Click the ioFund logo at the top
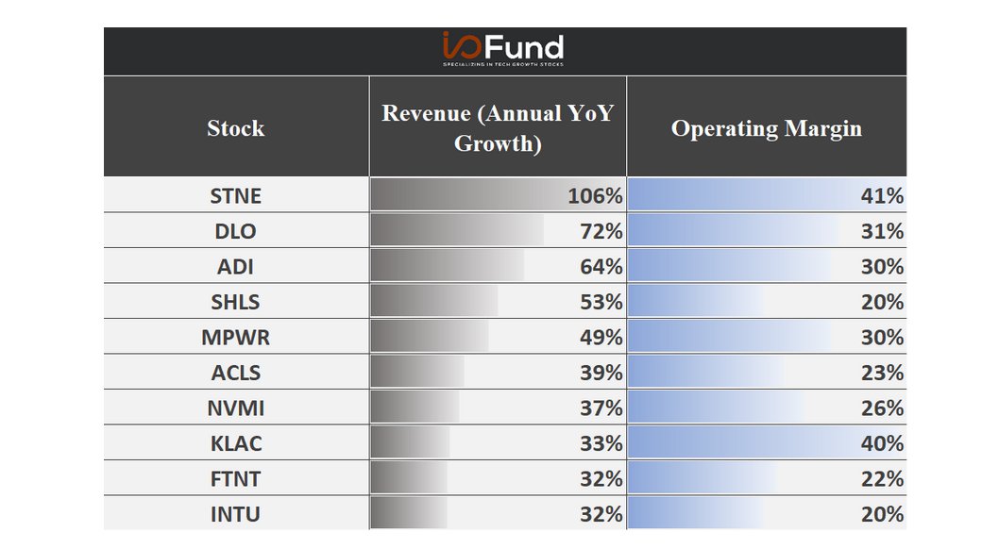coord(503,48)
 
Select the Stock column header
coord(236,128)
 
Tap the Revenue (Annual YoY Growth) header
coord(498,128)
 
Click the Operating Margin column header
coord(766,128)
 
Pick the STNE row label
coord(236,196)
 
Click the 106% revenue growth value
coord(595,196)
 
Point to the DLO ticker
coord(236,231)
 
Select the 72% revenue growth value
coord(601,231)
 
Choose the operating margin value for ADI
coord(882,267)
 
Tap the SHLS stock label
coord(236,302)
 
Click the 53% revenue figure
coord(601,302)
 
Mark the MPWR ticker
coord(236,338)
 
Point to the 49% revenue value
coord(601,338)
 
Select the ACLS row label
coord(236,373)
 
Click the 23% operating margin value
coord(882,373)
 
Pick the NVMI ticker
coord(236,408)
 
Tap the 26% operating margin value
coord(882,408)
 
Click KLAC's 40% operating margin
coord(882,443)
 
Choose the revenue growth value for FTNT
coord(601,479)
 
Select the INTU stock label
coord(236,514)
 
